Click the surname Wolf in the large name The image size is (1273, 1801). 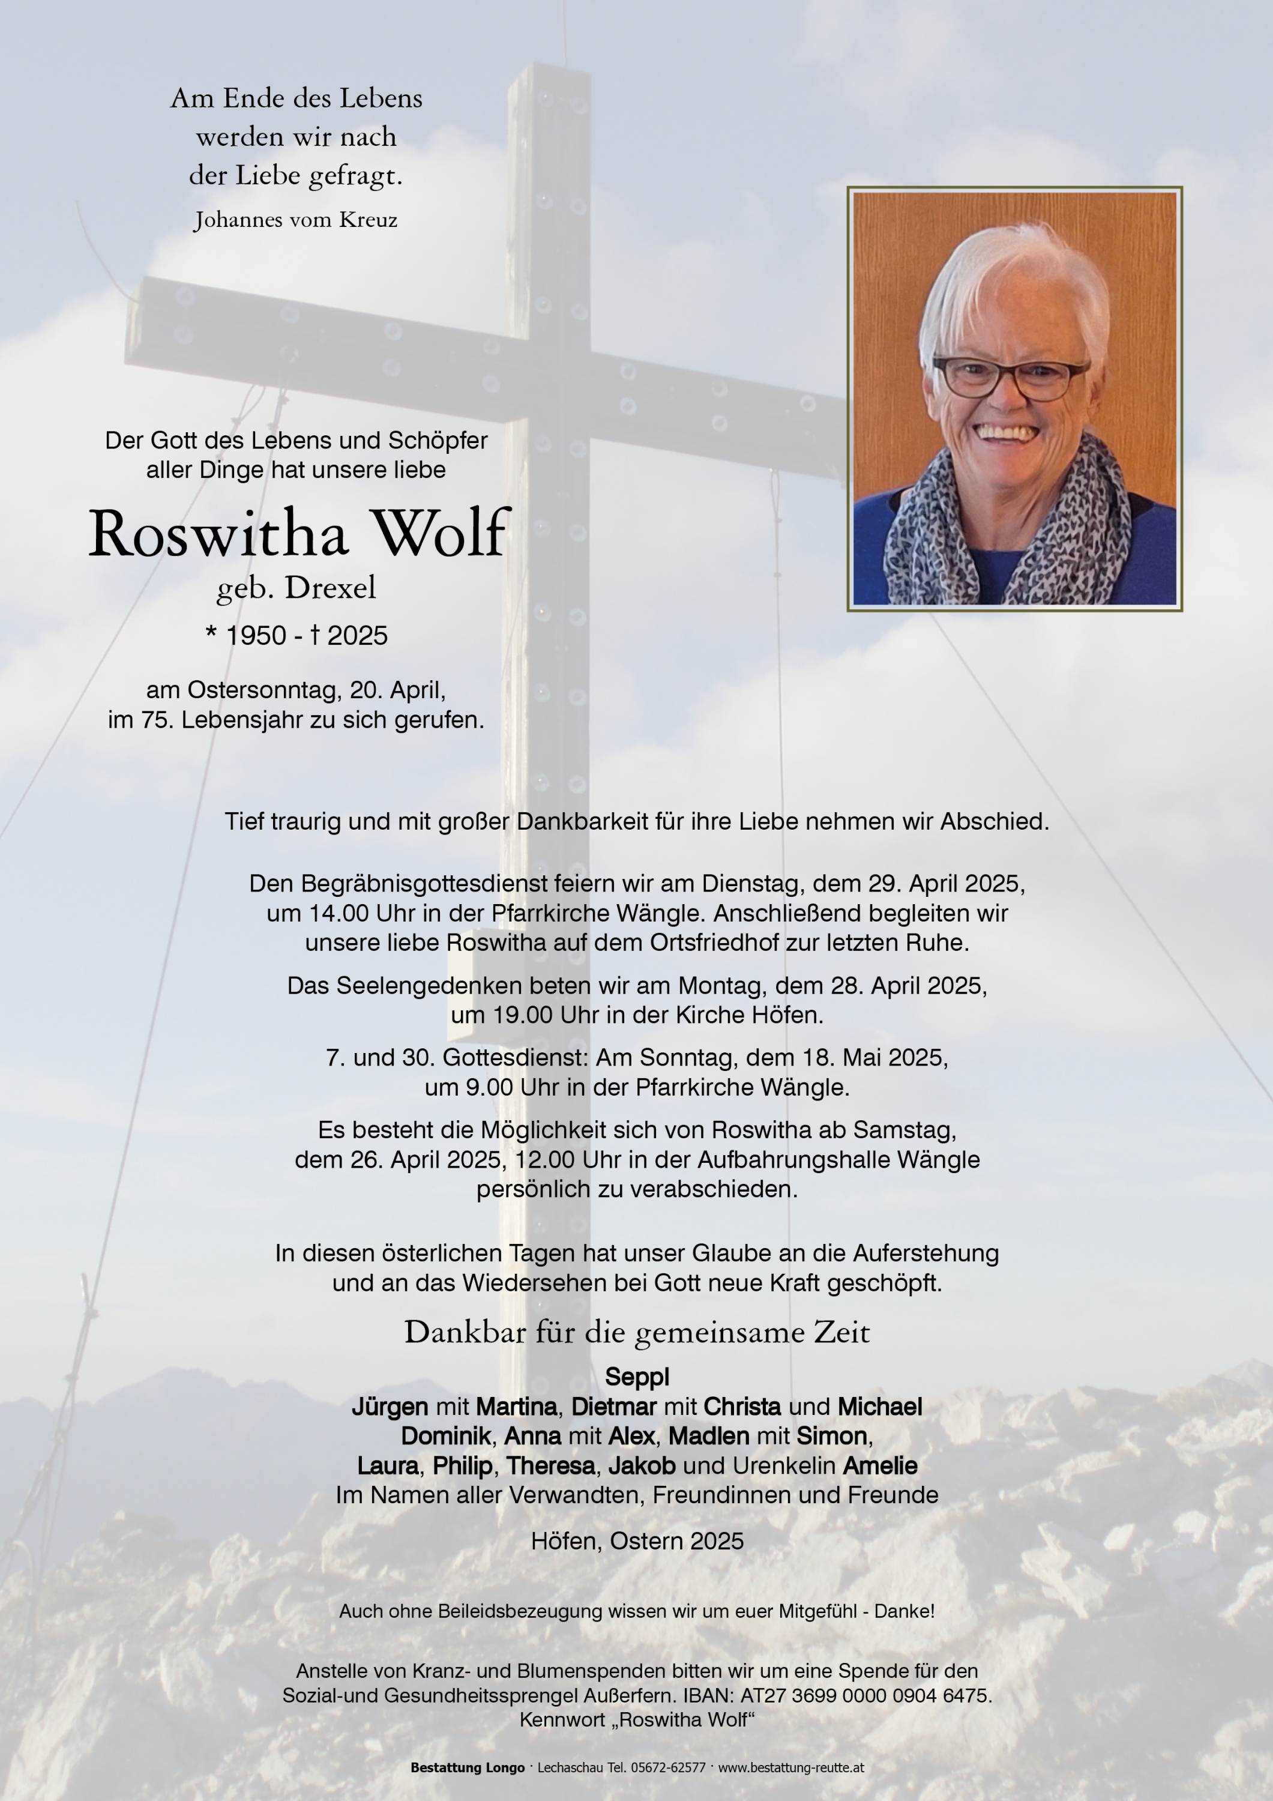point(442,535)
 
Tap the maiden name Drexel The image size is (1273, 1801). point(330,588)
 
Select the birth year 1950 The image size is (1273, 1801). point(256,635)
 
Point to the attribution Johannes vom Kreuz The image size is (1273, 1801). point(296,220)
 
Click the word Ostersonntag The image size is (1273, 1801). point(263,690)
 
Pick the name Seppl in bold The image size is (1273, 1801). point(636,1377)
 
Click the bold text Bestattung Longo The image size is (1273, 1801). point(468,1767)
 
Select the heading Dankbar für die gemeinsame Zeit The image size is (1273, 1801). point(636,1333)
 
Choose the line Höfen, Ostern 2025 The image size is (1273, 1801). point(636,1542)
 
